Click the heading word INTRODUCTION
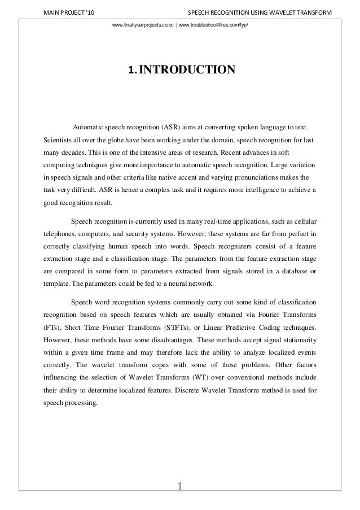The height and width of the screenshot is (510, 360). coord(187,70)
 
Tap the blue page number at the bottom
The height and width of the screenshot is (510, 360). coord(180,486)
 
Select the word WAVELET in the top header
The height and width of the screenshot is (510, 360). coord(275,12)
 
